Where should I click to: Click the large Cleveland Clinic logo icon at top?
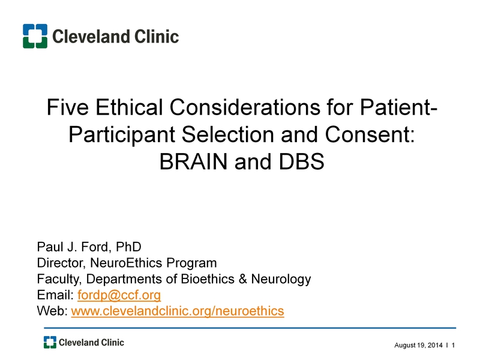click(35, 36)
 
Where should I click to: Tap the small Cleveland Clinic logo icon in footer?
click(50, 342)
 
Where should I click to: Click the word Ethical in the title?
click(129, 107)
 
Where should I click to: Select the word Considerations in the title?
click(245, 107)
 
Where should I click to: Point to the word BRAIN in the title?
click(193, 161)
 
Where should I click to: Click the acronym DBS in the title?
click(302, 161)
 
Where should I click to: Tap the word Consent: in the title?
click(370, 134)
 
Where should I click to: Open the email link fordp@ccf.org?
click(119, 295)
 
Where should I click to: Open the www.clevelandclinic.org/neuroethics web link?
click(178, 311)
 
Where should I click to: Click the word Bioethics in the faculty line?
click(208, 279)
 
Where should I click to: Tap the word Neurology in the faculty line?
click(281, 279)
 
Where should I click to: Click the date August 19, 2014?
click(418, 346)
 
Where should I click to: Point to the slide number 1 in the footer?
click(454, 346)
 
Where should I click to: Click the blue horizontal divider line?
click(250, 328)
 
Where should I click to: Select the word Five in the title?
click(68, 107)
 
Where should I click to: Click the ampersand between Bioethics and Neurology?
click(243, 279)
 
